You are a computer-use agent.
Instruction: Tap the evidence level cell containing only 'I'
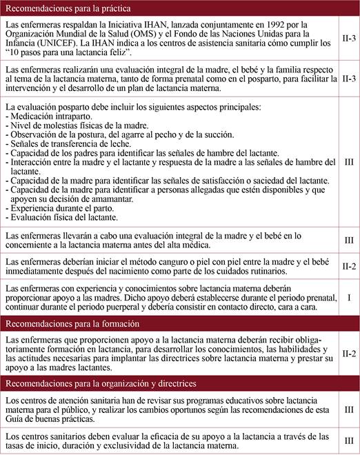[x=348, y=299]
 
